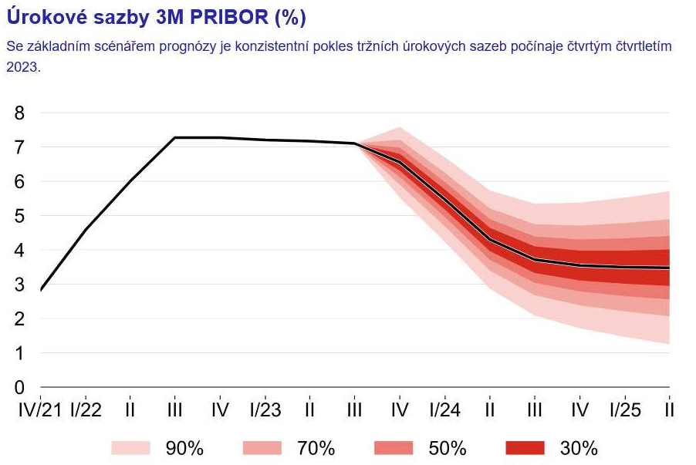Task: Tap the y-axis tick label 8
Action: pos(19,113)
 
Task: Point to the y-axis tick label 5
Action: pos(19,216)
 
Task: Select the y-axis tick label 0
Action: pos(19,387)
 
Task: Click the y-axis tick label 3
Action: pos(19,285)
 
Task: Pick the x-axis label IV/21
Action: pos(39,409)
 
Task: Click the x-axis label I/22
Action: pos(85,409)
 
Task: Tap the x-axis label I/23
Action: pos(265,409)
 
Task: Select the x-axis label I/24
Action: pos(444,409)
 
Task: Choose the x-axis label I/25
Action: pos(624,409)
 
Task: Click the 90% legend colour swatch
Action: pos(130,448)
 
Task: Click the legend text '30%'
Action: pos(579,448)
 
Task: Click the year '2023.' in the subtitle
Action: pos(22,67)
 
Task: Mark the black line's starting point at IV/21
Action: pos(40,290)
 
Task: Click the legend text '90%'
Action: pos(184,448)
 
